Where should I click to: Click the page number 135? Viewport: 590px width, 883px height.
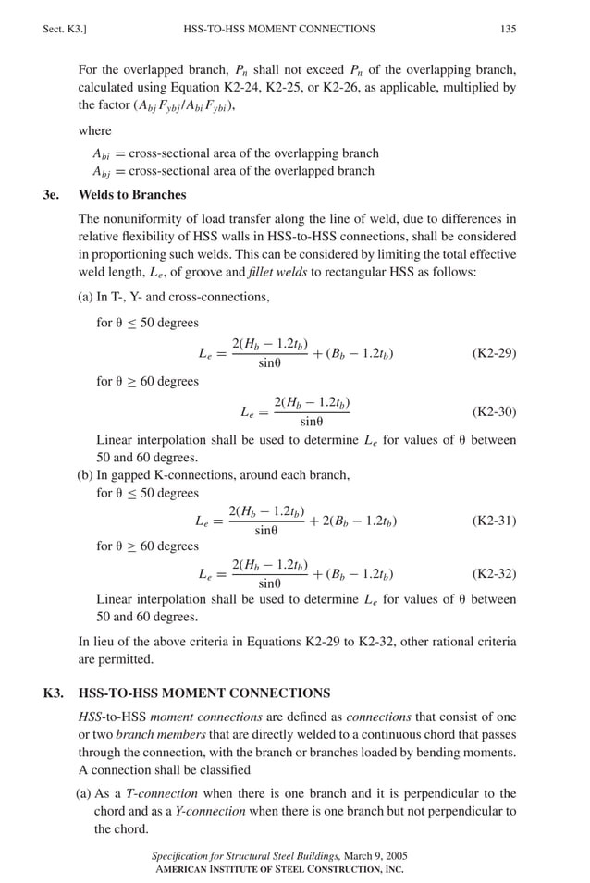508,29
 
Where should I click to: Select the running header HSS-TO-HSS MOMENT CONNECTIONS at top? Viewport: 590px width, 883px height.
280,29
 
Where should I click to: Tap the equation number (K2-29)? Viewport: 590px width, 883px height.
494,353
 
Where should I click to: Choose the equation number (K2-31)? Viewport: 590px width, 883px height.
494,521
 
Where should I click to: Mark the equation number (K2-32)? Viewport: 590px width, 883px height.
494,573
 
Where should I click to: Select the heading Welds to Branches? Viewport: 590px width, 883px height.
132,195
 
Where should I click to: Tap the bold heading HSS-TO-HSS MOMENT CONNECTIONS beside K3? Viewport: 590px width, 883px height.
204,693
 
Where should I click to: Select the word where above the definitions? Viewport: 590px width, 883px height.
94,130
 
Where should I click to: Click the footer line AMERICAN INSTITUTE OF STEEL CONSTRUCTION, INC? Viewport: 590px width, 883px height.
279,870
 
